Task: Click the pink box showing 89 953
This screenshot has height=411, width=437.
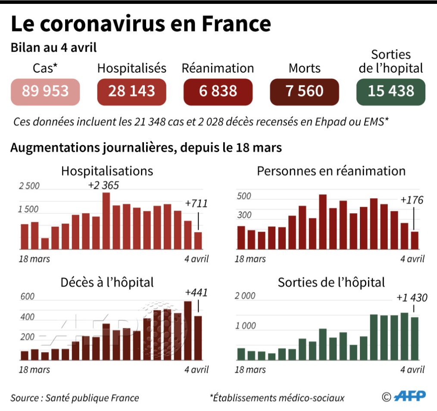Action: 45,92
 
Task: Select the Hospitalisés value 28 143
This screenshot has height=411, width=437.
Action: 132,92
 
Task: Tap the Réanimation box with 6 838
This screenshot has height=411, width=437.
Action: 218,92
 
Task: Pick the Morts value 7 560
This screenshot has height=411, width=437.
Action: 304,92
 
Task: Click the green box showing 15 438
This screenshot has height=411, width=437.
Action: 391,92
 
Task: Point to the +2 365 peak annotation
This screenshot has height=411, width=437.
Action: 103,185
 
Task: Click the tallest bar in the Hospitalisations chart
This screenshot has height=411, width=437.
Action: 106,221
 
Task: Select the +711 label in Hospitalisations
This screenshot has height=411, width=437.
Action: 196,203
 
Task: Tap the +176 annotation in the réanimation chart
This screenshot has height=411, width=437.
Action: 412,200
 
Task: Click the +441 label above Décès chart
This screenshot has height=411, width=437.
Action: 196,293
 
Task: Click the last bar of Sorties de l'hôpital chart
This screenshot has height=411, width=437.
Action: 415,338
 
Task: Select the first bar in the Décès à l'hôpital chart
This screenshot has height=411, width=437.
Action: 25,355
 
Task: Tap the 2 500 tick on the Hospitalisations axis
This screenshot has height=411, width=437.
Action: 29,186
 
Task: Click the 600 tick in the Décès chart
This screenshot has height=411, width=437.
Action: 27,297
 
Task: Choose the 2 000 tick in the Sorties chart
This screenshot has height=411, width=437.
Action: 245,296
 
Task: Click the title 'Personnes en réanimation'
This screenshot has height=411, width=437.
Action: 331,171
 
